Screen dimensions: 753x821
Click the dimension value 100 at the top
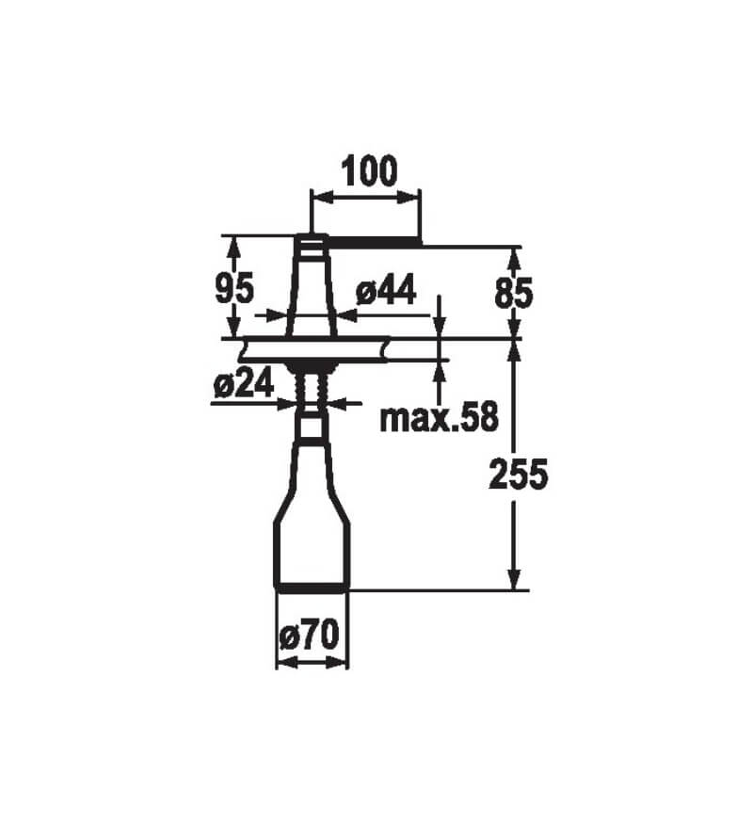369,171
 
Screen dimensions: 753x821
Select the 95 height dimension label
234,288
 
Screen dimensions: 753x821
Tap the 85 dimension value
513,293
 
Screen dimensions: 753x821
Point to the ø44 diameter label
386,290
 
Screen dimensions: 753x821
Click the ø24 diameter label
244,385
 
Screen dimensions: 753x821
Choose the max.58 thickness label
439,418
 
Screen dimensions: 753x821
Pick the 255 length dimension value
518,475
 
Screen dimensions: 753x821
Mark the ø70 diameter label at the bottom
310,636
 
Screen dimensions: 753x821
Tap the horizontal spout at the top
375,240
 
